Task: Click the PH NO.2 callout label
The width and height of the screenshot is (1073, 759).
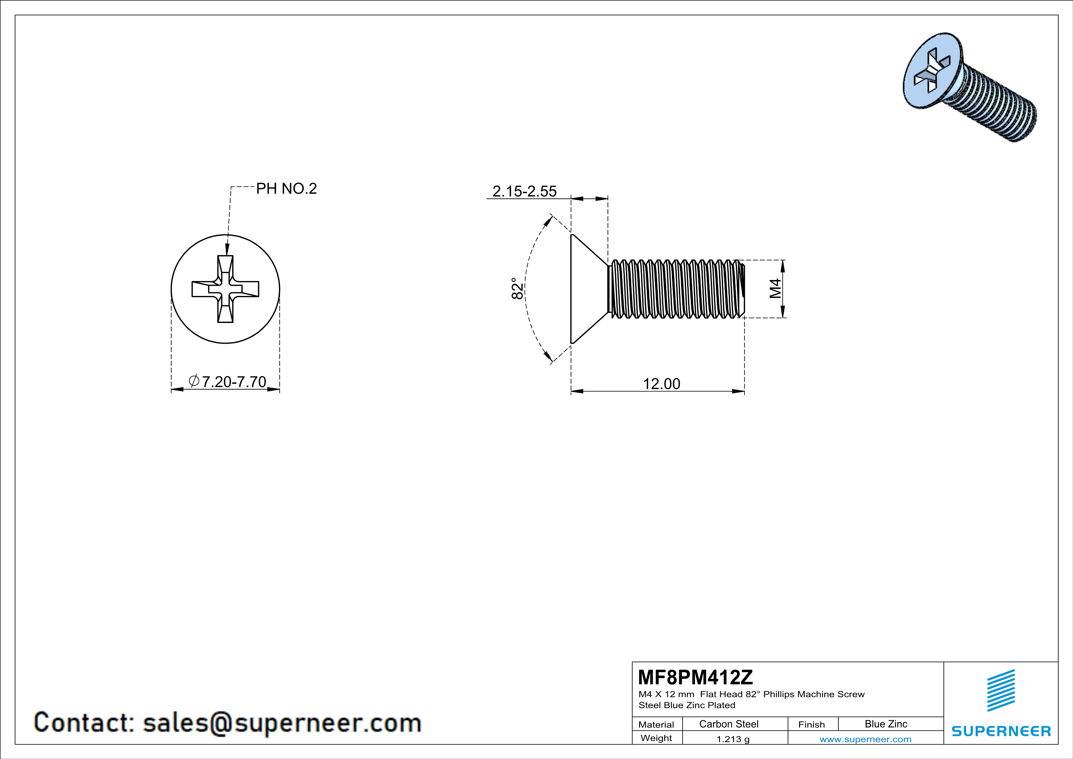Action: point(286,189)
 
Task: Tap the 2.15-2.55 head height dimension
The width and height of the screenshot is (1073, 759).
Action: point(524,192)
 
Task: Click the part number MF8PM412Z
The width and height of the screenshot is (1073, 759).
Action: point(695,677)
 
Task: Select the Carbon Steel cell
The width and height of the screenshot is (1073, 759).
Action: point(728,724)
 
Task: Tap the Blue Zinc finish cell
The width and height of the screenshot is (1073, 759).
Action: point(885,724)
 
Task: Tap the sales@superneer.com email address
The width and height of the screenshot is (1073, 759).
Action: point(282,723)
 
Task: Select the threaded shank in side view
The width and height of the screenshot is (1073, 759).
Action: point(675,288)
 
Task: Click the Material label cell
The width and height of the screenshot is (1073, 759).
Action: point(656,724)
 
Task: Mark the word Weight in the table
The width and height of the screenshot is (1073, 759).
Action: point(656,738)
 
